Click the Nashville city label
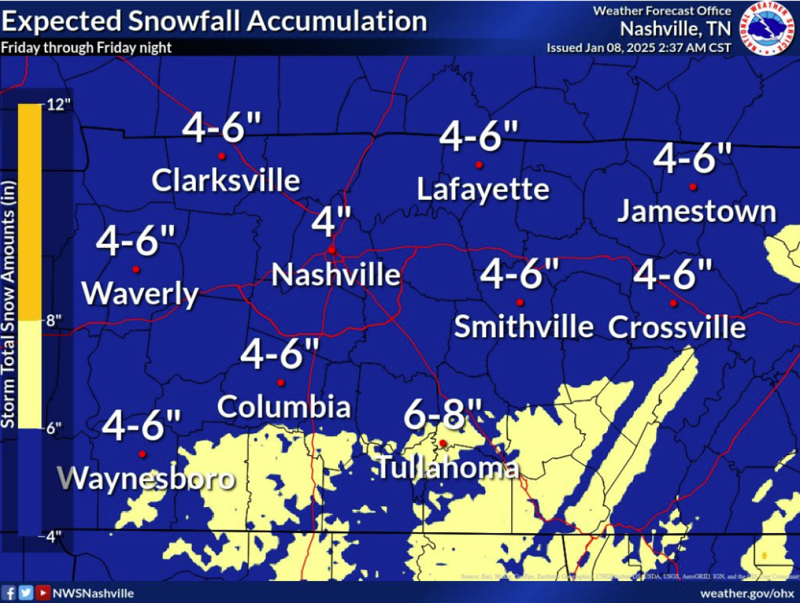pos(336,275)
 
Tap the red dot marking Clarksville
pos(221,157)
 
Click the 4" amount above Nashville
pos(331,222)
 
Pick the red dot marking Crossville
pos(673,303)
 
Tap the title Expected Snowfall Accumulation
pos(214,21)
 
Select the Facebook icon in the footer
pos(9,592)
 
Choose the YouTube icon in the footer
pos(43,592)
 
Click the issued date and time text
pos(639,48)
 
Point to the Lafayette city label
pos(483,189)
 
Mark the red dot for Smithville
pos(520,302)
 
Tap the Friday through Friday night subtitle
pos(86,48)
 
